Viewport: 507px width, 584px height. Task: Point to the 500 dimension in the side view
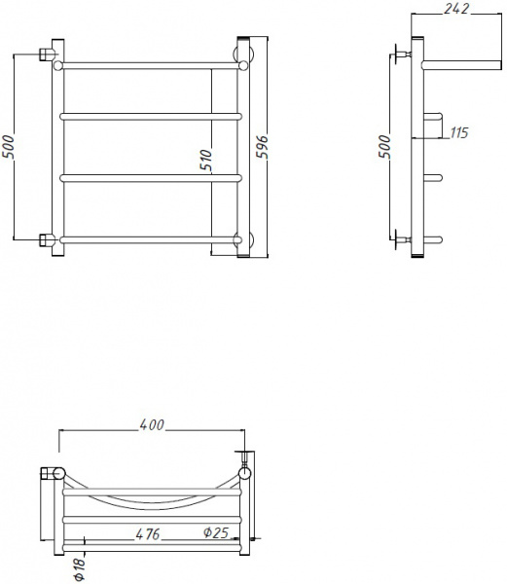(x=384, y=146)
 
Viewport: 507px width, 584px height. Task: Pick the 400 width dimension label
(x=151, y=425)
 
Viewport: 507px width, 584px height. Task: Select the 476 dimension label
(x=147, y=534)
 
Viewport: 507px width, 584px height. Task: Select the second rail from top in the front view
(x=151, y=116)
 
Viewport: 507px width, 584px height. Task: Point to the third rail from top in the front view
(x=151, y=177)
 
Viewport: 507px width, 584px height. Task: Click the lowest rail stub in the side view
(x=434, y=239)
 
